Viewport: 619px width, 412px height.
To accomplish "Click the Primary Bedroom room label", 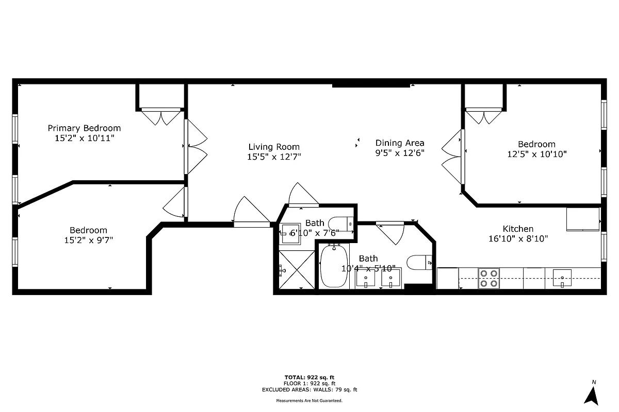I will (x=84, y=128).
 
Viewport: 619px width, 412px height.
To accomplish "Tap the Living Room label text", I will (x=274, y=147).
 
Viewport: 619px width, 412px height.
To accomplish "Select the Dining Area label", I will (x=400, y=143).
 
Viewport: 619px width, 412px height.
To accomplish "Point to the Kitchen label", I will (x=518, y=229).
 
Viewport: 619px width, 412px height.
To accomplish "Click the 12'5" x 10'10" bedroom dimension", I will (x=536, y=154).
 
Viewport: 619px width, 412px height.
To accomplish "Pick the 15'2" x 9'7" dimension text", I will (x=88, y=240).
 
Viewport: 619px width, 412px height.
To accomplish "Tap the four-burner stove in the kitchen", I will (x=488, y=278).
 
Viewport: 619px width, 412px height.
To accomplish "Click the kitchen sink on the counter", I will (x=562, y=278).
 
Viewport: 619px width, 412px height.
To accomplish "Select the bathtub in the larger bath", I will (x=334, y=266).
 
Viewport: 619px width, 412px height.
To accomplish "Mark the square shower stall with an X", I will (x=296, y=270).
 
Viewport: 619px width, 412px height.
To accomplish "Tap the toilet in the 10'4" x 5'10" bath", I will (x=419, y=263).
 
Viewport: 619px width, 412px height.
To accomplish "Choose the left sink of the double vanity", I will (x=366, y=279).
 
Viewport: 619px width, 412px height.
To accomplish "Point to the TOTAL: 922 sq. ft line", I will (x=309, y=377).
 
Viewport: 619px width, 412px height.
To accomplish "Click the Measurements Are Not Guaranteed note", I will (x=309, y=400).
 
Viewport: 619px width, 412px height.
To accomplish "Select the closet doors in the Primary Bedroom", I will (x=161, y=116).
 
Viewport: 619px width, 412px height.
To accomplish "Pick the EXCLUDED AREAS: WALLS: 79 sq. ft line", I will (x=309, y=390).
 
